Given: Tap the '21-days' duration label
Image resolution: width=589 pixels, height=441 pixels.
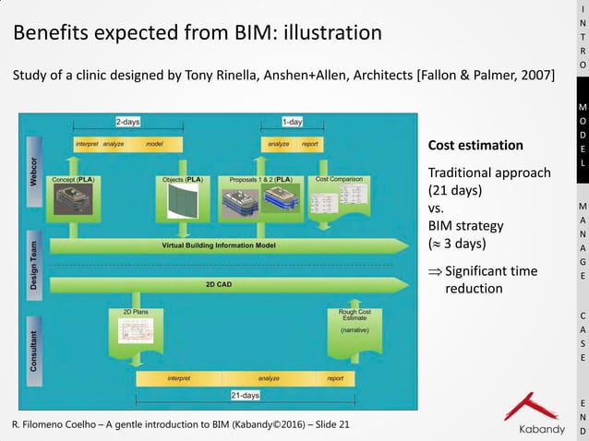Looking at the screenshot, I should (x=245, y=395).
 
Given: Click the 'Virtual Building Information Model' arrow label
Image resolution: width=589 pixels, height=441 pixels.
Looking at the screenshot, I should (x=218, y=245).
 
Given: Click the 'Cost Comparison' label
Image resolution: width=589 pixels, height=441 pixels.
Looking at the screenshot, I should (x=339, y=179).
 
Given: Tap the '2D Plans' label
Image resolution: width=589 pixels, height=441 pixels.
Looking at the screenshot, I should (x=136, y=313).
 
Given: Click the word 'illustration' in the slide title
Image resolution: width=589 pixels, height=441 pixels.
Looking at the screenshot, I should (x=331, y=33).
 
